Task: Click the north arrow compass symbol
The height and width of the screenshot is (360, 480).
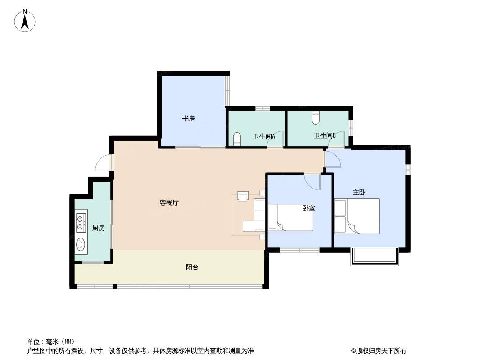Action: (25, 21)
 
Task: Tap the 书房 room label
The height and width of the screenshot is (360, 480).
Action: (189, 119)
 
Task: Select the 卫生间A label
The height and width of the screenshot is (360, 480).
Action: (264, 136)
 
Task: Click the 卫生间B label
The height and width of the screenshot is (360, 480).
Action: (325, 135)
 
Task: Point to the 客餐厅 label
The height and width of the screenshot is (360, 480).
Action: (169, 202)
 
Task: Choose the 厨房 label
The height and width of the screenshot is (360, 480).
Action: (99, 228)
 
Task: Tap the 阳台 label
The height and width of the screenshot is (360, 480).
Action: (192, 267)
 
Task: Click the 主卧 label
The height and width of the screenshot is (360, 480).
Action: (359, 193)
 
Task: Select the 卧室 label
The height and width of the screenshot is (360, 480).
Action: (308, 208)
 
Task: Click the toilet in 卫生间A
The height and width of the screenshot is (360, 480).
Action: (237, 139)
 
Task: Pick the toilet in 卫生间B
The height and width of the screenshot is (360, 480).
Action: (316, 118)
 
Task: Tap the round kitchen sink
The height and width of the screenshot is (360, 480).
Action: (81, 244)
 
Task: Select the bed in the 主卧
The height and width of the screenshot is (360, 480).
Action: (357, 216)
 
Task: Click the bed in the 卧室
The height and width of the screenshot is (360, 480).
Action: (290, 217)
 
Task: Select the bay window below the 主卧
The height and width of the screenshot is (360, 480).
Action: (375, 257)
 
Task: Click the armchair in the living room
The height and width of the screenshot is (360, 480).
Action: (243, 196)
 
